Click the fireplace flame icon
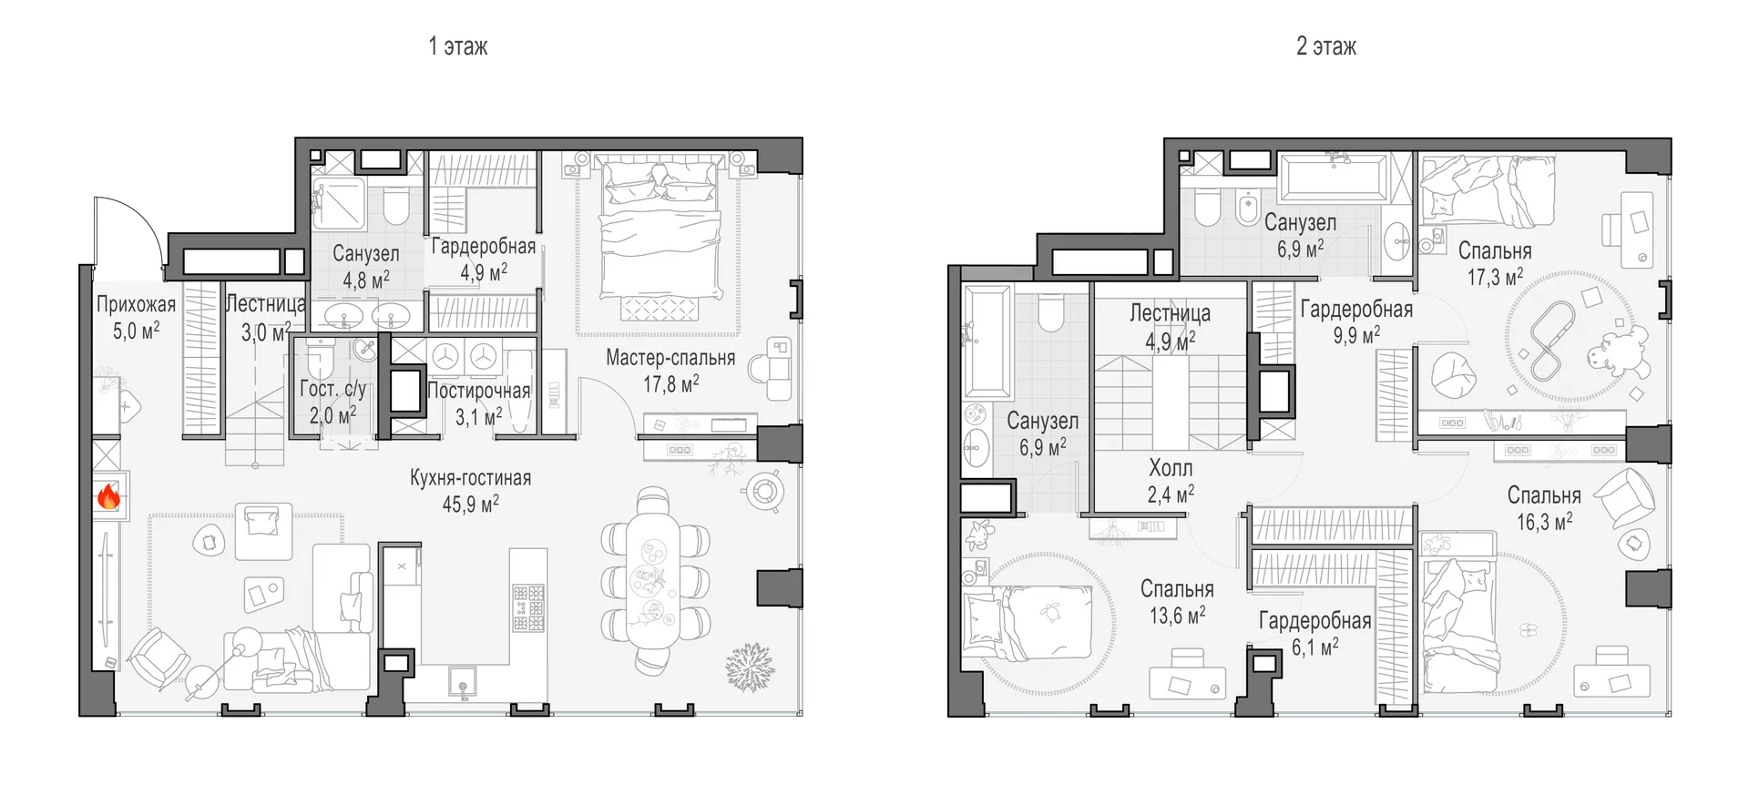[108, 496]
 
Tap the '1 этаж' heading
[458, 46]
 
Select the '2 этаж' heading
[1326, 46]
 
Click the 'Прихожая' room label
[137, 305]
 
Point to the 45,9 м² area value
[471, 504]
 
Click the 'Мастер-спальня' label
[670, 358]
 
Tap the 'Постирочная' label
[479, 391]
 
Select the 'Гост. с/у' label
[332, 389]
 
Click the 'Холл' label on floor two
[1171, 468]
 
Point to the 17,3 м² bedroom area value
[1495, 277]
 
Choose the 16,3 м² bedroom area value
[1544, 522]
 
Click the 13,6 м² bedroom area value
[1177, 616]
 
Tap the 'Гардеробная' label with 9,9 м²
[1356, 310]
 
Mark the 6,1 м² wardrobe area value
[1315, 647]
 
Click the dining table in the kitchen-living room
[654, 581]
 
